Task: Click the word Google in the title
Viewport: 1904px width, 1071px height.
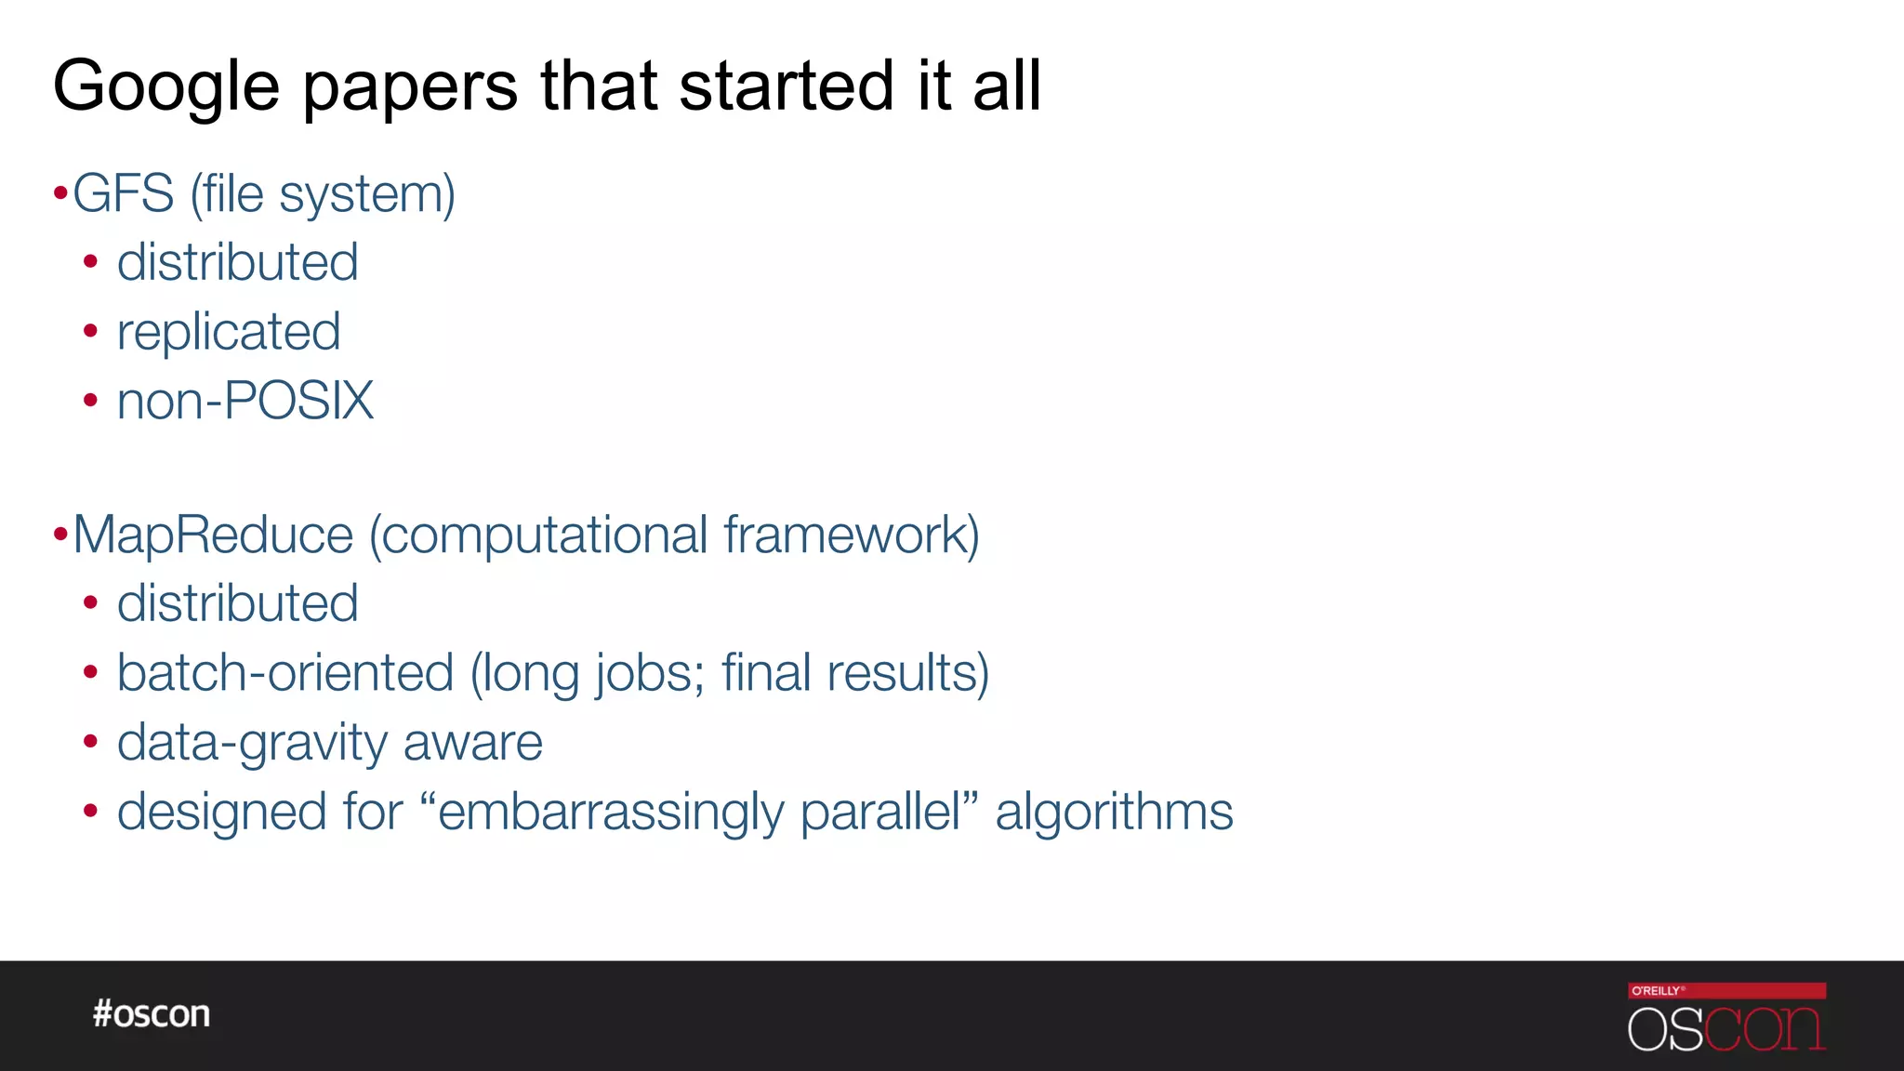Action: click(165, 86)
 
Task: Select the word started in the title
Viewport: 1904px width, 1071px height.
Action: click(787, 86)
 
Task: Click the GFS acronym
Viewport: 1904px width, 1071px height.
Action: click(124, 194)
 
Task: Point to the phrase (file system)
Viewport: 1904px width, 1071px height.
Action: click(323, 195)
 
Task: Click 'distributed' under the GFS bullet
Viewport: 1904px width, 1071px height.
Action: click(237, 262)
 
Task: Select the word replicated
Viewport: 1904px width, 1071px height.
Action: click(229, 332)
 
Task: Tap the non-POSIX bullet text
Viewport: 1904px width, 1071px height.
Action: click(245, 401)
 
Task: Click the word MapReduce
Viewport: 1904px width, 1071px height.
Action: click(213, 535)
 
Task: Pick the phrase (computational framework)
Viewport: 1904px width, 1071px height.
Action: click(675, 536)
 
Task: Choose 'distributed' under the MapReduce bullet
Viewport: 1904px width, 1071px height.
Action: click(237, 603)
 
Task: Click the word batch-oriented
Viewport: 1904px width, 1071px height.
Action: click(285, 673)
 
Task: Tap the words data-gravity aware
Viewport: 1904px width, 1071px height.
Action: click(329, 743)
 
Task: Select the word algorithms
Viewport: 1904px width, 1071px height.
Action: click(1114, 812)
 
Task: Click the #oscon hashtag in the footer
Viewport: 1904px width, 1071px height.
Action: click(152, 1013)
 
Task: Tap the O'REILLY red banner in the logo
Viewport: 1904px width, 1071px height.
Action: click(1726, 991)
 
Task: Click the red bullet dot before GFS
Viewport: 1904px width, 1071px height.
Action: click(60, 194)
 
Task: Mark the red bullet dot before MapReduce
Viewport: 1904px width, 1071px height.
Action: click(60, 535)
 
